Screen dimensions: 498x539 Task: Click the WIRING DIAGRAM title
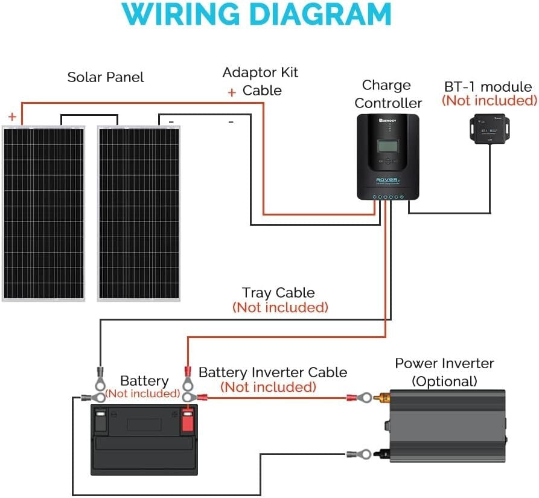[260, 14]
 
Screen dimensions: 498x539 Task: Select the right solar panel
[139, 213]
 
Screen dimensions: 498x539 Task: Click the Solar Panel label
[106, 77]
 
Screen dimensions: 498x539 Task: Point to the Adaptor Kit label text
[260, 73]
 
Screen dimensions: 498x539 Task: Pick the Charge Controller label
[388, 94]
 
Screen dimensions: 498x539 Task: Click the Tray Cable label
[278, 293]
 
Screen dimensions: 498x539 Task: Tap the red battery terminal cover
[187, 420]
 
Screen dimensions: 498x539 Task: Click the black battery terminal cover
[101, 420]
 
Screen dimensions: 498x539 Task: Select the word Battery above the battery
[144, 381]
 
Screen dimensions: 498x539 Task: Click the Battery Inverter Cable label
[273, 372]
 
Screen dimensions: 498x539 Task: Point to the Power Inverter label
[444, 363]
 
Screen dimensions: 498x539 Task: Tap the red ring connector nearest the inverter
[363, 397]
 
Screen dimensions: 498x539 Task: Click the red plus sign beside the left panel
[12, 117]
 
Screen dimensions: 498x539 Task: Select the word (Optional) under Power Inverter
[444, 381]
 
